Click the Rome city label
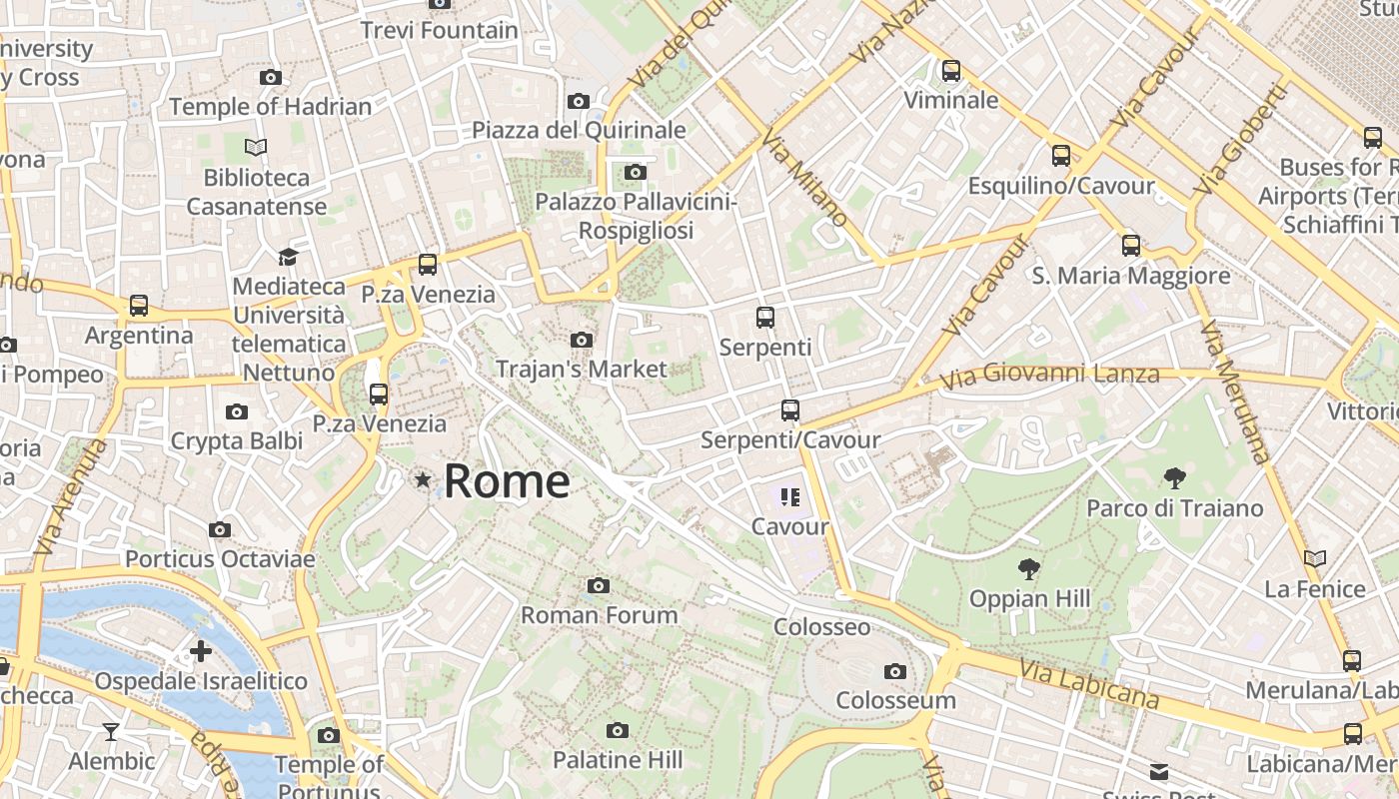click(507, 481)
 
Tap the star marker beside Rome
click(423, 480)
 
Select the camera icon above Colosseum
click(895, 671)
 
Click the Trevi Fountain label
click(439, 30)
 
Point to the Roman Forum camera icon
click(599, 585)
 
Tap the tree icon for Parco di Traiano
click(1175, 478)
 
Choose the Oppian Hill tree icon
click(1028, 569)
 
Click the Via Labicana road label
click(1088, 684)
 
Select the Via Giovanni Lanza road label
click(1049, 375)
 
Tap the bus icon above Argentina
click(139, 306)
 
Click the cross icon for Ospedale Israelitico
click(201, 651)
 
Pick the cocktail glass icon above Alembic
click(111, 732)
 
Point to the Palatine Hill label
click(618, 759)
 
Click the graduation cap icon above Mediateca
click(288, 257)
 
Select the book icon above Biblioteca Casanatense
click(256, 148)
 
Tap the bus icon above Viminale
click(951, 71)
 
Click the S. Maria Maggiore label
click(1131, 275)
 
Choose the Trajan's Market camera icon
click(582, 341)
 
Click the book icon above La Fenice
click(1315, 559)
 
